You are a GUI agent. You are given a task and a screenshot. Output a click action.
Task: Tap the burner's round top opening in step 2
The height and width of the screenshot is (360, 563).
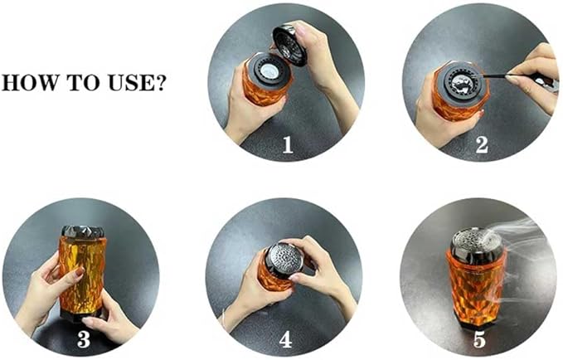(457, 80)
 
